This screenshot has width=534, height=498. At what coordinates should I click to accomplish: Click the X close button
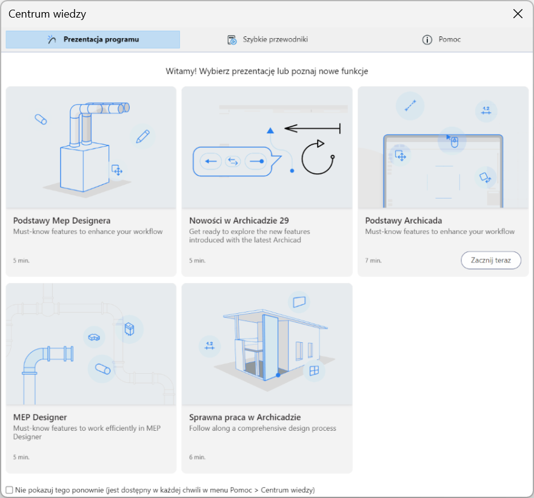pyautogui.click(x=518, y=13)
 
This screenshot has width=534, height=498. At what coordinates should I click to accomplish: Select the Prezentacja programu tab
pyautogui.click(x=93, y=39)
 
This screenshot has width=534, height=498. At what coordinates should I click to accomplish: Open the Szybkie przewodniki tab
pyautogui.click(x=267, y=39)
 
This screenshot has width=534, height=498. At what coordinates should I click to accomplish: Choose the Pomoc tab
pyautogui.click(x=441, y=39)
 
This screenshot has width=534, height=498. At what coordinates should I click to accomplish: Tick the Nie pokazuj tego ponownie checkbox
pyautogui.click(x=9, y=490)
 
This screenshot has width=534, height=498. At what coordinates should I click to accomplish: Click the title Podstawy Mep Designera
pyautogui.click(x=62, y=221)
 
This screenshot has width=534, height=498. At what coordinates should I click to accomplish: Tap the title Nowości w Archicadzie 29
pyautogui.click(x=239, y=221)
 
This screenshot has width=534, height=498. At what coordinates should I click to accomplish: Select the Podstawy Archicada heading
pyautogui.click(x=404, y=221)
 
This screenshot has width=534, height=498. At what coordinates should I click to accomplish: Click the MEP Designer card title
pyautogui.click(x=40, y=417)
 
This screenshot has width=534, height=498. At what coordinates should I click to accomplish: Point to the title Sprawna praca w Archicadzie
pyautogui.click(x=245, y=417)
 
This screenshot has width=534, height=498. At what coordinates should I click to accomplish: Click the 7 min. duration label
pyautogui.click(x=373, y=261)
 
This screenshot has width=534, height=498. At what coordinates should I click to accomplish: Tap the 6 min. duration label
pyautogui.click(x=197, y=457)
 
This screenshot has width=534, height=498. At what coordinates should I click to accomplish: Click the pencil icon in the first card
pyautogui.click(x=142, y=136)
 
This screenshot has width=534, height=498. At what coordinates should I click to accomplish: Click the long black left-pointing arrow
pyautogui.click(x=312, y=128)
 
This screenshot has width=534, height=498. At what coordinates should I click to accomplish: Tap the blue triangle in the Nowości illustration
pyautogui.click(x=270, y=130)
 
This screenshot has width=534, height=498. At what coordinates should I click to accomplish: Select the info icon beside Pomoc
pyautogui.click(x=427, y=40)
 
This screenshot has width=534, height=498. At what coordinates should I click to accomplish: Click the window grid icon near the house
pyautogui.click(x=314, y=370)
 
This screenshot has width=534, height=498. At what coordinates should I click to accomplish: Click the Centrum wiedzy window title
pyautogui.click(x=47, y=14)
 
